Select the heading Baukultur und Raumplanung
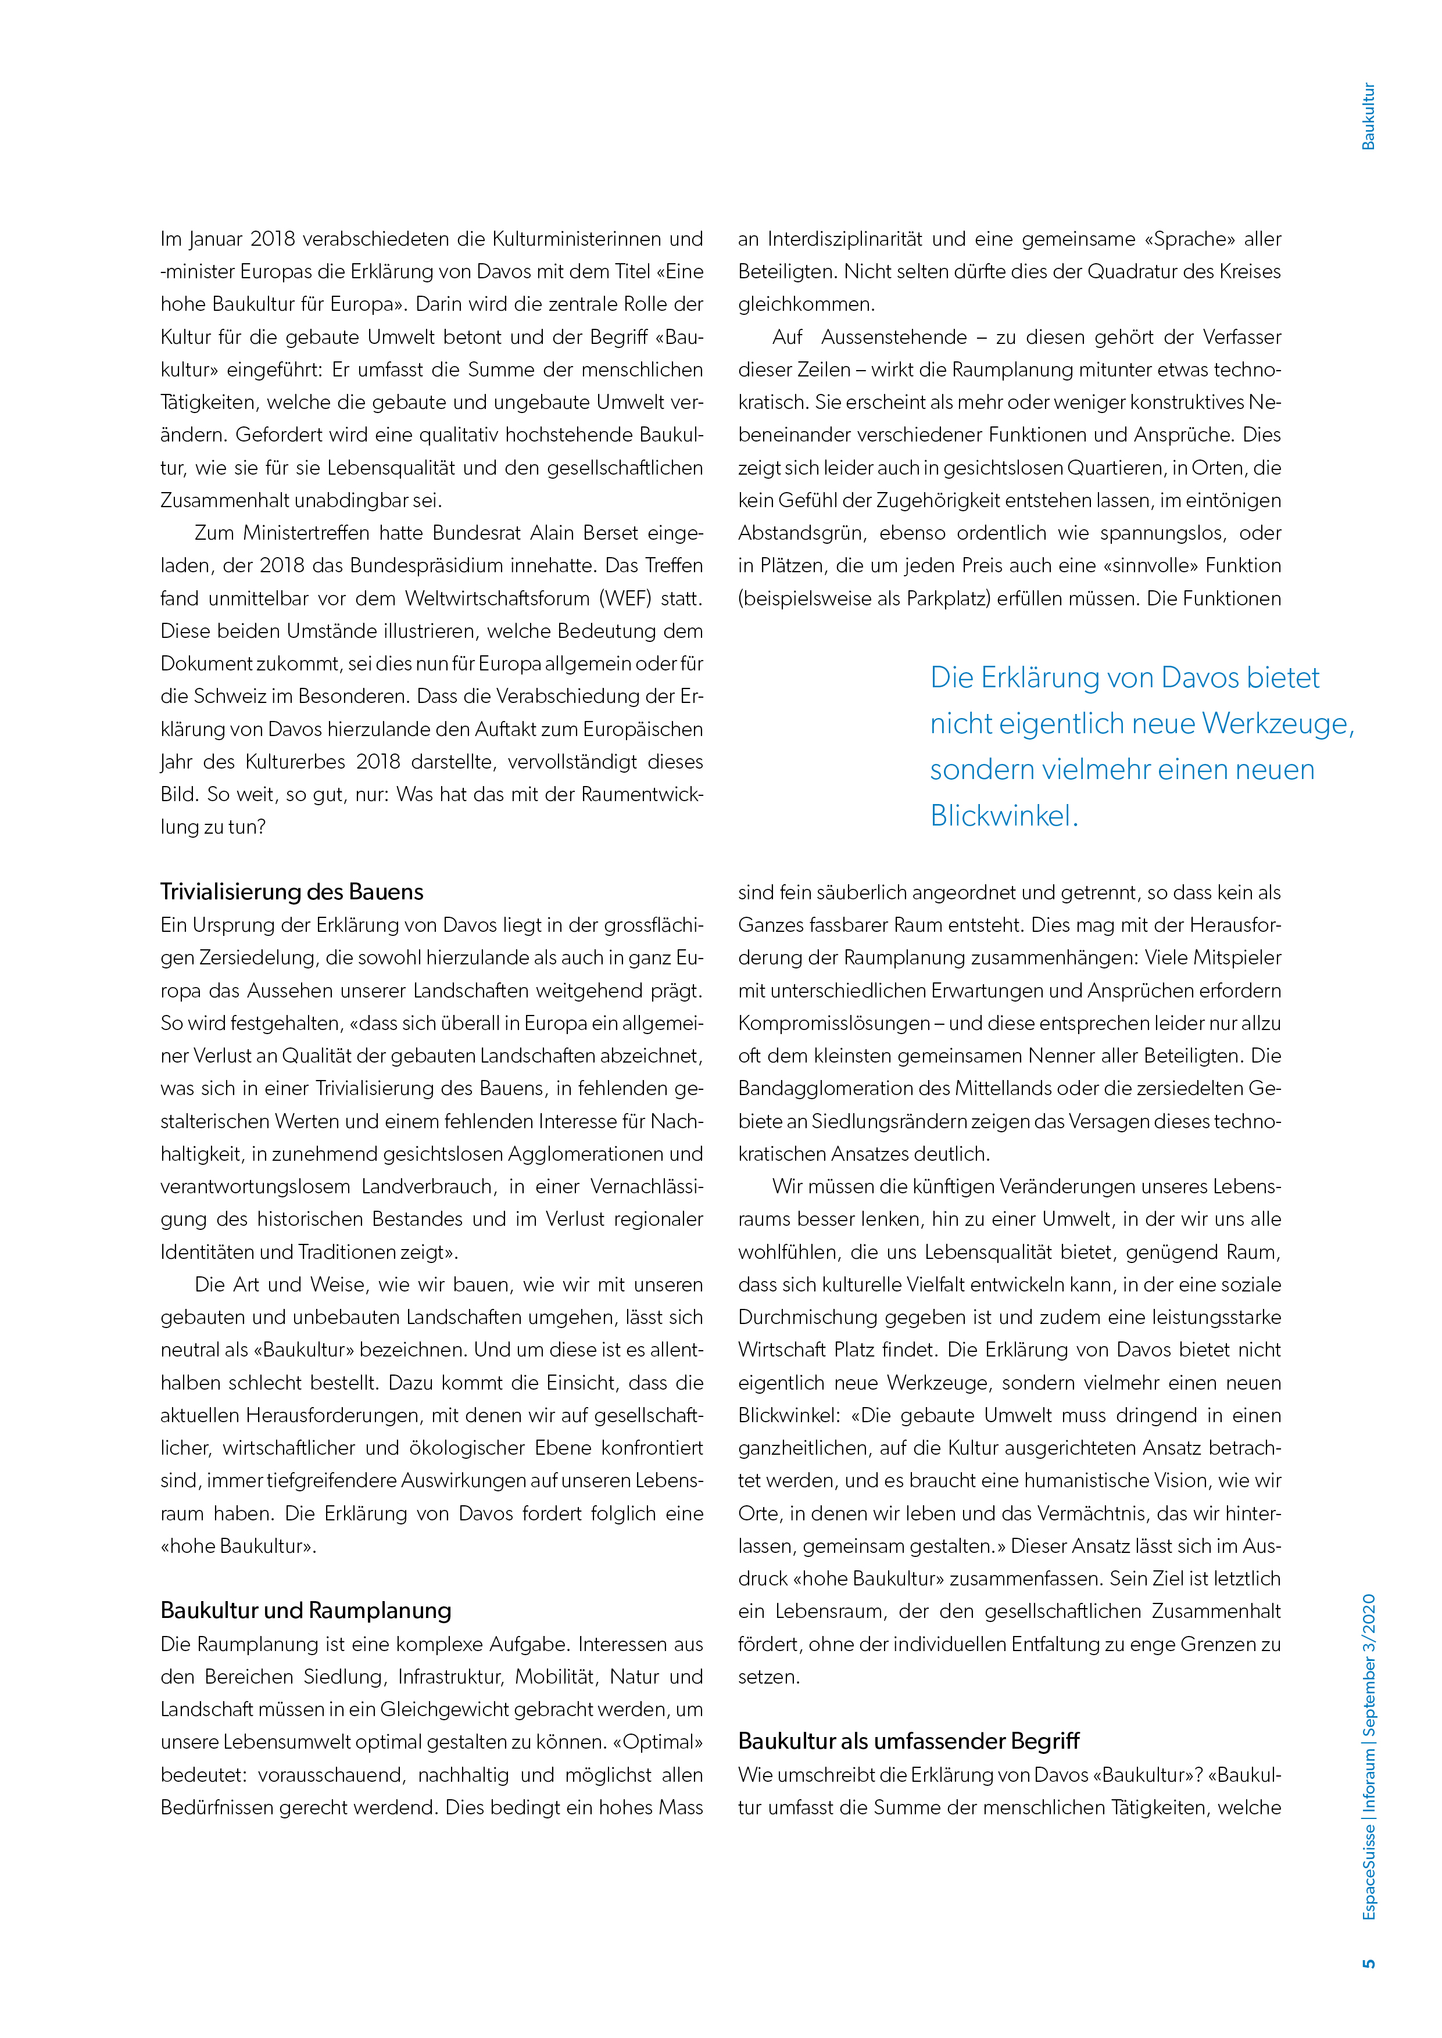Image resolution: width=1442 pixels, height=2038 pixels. click(x=306, y=1610)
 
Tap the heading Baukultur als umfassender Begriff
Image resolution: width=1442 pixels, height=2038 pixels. click(x=908, y=1741)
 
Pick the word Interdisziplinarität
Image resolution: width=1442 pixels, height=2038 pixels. click(x=847, y=239)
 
